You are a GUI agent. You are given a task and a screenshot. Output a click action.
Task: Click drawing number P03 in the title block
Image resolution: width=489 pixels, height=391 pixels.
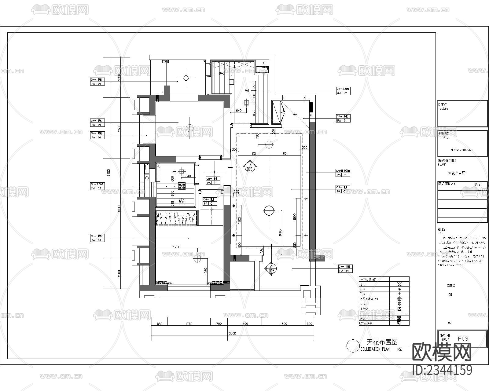pos(463,338)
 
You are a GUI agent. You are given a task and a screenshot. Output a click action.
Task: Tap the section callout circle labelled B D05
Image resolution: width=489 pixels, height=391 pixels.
pos(250,167)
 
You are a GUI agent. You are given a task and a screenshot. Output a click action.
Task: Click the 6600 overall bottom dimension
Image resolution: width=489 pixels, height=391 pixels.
pos(232,334)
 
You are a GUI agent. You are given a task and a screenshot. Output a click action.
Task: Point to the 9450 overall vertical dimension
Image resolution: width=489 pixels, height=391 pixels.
pos(108,173)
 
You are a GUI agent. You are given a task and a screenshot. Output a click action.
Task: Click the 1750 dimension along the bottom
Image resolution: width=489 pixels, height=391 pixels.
pos(189,324)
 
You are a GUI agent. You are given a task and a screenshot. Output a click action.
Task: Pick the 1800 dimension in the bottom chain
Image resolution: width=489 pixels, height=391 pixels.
pos(283,324)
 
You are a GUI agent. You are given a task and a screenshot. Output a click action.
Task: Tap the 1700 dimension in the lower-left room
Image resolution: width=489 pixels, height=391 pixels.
pos(176,247)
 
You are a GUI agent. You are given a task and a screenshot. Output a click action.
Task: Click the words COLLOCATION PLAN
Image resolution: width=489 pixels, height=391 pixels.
pos(375,349)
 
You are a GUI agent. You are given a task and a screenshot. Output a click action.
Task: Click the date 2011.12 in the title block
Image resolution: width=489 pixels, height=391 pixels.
pos(451,285)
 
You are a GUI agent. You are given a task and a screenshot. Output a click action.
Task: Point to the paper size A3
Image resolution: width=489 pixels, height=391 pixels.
pos(450,322)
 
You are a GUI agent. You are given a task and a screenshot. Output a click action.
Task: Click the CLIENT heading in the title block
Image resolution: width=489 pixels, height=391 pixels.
pos(442,105)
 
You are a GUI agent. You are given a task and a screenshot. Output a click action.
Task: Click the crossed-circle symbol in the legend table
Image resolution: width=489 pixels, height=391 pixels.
pos(399,284)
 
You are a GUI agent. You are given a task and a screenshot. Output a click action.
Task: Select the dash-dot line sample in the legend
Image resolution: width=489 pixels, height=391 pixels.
pos(399,314)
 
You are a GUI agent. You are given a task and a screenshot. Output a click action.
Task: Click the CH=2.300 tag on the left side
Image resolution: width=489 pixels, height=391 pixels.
pos(97,184)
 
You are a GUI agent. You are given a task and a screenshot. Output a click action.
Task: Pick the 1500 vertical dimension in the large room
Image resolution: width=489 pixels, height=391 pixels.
pos(295,217)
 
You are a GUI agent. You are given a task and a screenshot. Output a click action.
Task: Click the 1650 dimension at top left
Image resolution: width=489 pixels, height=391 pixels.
pos(119,78)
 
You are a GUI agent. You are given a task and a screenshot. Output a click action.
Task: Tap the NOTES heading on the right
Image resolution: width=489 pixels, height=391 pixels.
pos(442,229)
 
